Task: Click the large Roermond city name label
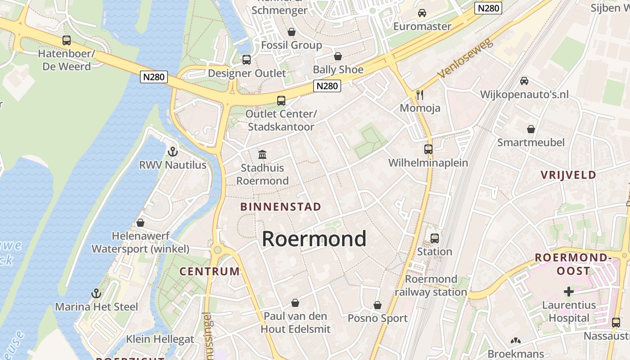tap(314, 239)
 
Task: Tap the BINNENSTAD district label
tap(280, 207)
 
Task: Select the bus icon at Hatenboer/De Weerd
tap(67, 40)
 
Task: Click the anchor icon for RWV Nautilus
tap(172, 152)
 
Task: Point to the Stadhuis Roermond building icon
tap(262, 155)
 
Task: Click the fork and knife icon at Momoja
tap(420, 94)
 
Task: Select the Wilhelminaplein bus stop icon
tap(428, 149)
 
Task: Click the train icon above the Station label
tap(434, 238)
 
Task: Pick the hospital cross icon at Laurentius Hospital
tap(569, 292)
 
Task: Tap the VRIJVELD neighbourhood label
tap(568, 175)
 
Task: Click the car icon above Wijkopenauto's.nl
tap(524, 81)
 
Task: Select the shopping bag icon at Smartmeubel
tap(531, 129)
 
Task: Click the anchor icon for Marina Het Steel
tap(96, 293)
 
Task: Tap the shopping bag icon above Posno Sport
tap(378, 305)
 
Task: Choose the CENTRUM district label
tap(210, 271)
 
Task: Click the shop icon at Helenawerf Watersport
tap(140, 223)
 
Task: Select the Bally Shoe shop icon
tap(337, 56)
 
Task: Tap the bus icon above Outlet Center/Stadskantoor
tap(281, 101)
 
